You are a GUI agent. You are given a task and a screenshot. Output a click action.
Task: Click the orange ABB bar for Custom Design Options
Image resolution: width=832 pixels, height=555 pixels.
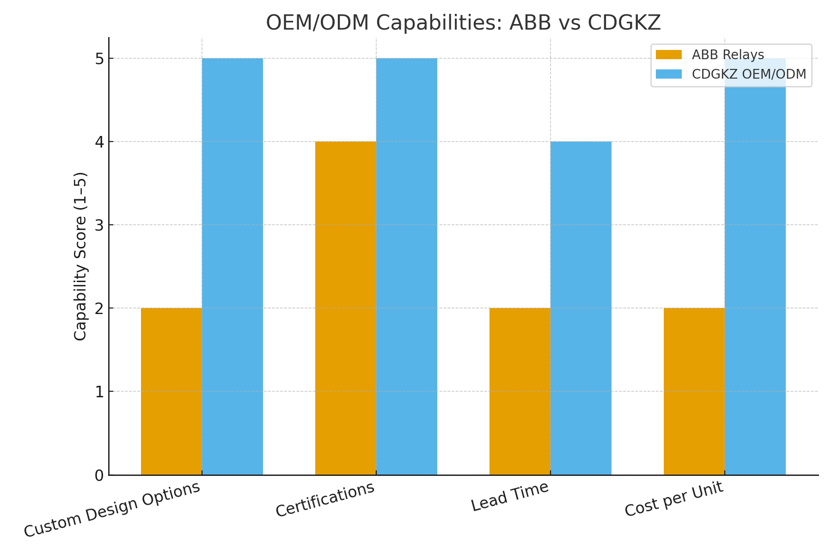[171, 391]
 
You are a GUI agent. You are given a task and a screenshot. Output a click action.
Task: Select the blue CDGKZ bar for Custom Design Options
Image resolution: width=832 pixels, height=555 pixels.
[232, 266]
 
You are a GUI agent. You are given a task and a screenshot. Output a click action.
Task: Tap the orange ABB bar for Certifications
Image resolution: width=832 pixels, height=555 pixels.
[346, 308]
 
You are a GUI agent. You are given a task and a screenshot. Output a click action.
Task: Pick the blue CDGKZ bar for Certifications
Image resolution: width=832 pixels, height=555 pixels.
[407, 266]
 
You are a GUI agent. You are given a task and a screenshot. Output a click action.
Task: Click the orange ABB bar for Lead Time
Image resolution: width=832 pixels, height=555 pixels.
[520, 391]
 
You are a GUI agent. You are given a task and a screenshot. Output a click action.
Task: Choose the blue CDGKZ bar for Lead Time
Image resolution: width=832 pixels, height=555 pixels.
[581, 308]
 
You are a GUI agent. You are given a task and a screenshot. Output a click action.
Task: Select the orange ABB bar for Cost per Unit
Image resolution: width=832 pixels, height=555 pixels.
[694, 391]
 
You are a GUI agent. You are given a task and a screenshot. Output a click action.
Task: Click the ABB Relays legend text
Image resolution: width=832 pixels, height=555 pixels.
[728, 55]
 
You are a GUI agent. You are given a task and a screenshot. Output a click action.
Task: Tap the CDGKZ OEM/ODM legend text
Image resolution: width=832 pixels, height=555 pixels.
[749, 74]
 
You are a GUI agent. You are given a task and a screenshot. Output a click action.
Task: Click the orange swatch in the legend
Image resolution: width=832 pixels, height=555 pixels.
[668, 55]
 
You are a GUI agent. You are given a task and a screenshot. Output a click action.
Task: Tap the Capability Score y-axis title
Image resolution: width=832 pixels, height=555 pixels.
[80, 257]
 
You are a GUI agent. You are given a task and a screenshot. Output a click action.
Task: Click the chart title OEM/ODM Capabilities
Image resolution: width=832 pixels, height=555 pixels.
[463, 23]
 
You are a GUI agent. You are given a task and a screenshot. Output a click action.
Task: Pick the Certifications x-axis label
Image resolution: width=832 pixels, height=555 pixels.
[325, 499]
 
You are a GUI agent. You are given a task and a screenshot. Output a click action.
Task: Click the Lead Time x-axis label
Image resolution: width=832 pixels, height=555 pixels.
[510, 496]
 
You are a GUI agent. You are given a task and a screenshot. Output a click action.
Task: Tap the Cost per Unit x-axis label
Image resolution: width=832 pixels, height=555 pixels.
[673, 499]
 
